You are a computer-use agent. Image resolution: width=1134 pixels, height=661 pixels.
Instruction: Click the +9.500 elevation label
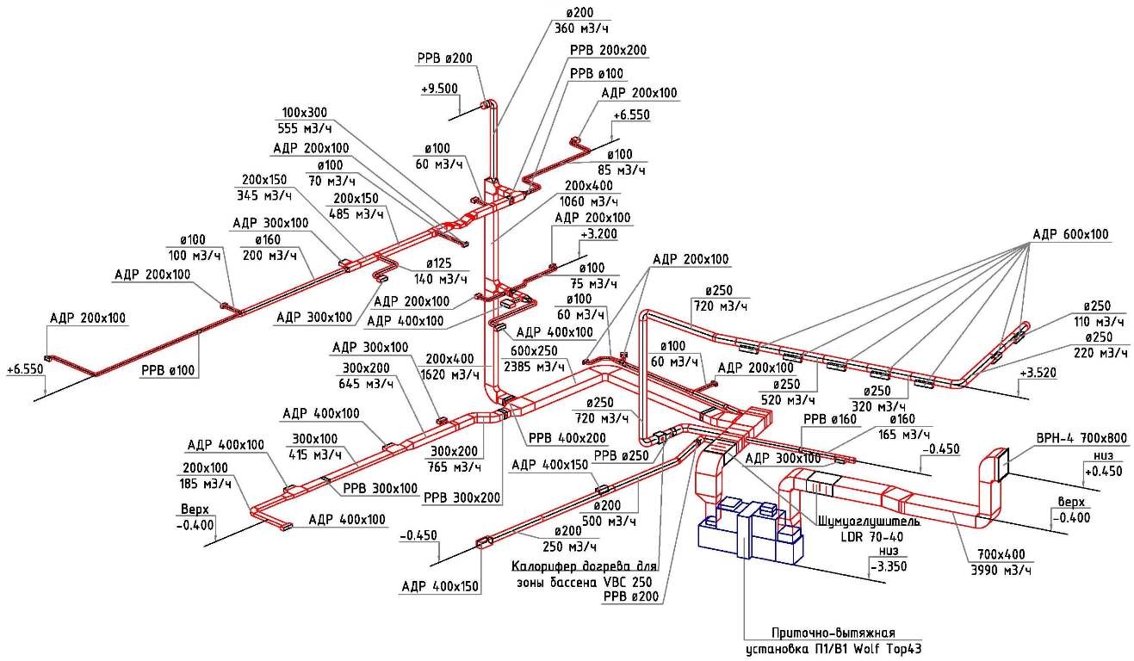pyautogui.click(x=439, y=90)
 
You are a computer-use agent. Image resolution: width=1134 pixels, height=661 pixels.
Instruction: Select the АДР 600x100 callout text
pyautogui.click(x=1071, y=234)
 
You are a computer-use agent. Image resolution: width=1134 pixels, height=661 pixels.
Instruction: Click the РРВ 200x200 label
pyautogui.click(x=608, y=51)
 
